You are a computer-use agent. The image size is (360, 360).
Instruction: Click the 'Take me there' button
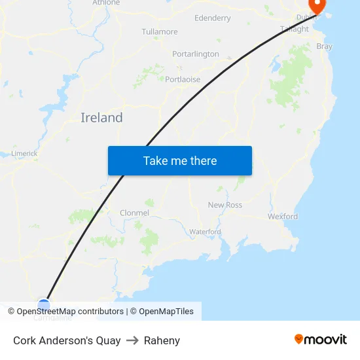point(180,160)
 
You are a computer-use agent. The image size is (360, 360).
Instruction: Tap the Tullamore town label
point(160,31)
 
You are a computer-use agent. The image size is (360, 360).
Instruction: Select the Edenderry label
point(213,18)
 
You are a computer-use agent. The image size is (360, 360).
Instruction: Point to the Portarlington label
point(196,54)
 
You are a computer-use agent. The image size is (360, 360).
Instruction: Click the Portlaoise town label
point(183,79)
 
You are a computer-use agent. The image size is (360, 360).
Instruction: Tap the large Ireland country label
point(101,118)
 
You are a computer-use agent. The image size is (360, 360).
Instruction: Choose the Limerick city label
point(24,154)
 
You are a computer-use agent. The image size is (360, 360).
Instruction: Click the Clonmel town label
point(135,213)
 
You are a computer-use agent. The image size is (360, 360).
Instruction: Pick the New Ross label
point(225,205)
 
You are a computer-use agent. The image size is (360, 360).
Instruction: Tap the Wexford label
point(283,216)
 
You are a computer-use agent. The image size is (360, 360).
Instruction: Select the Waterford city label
point(205,232)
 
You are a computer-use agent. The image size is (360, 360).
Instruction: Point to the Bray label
point(324,46)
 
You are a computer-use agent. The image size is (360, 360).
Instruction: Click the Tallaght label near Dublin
point(295,29)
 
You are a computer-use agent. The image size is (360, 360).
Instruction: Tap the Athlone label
point(106,3)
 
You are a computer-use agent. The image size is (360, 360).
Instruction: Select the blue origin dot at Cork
point(43,304)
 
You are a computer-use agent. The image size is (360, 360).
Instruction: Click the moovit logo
point(321,340)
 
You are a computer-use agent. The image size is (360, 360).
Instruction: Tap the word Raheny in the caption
point(162,340)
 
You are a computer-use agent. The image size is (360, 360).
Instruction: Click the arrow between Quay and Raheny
point(132,340)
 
